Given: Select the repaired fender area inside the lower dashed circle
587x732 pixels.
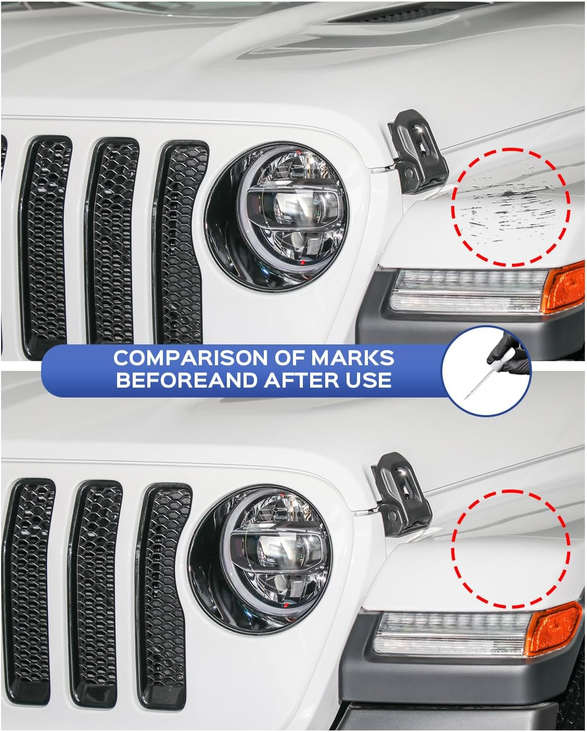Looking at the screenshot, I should [510, 549].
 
